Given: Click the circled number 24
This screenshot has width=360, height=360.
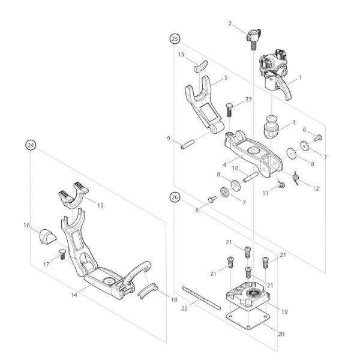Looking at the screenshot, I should tap(29, 144).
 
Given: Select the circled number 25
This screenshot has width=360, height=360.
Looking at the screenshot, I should tap(175, 38).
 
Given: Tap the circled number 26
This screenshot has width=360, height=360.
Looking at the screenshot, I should tap(175, 196).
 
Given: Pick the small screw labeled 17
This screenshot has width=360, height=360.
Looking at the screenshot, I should tap(61, 256).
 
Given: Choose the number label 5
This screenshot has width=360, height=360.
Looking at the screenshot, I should tap(225, 77).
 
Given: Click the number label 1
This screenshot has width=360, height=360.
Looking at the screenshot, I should tap(300, 77).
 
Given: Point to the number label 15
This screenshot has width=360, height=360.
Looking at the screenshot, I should tap(100, 205).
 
